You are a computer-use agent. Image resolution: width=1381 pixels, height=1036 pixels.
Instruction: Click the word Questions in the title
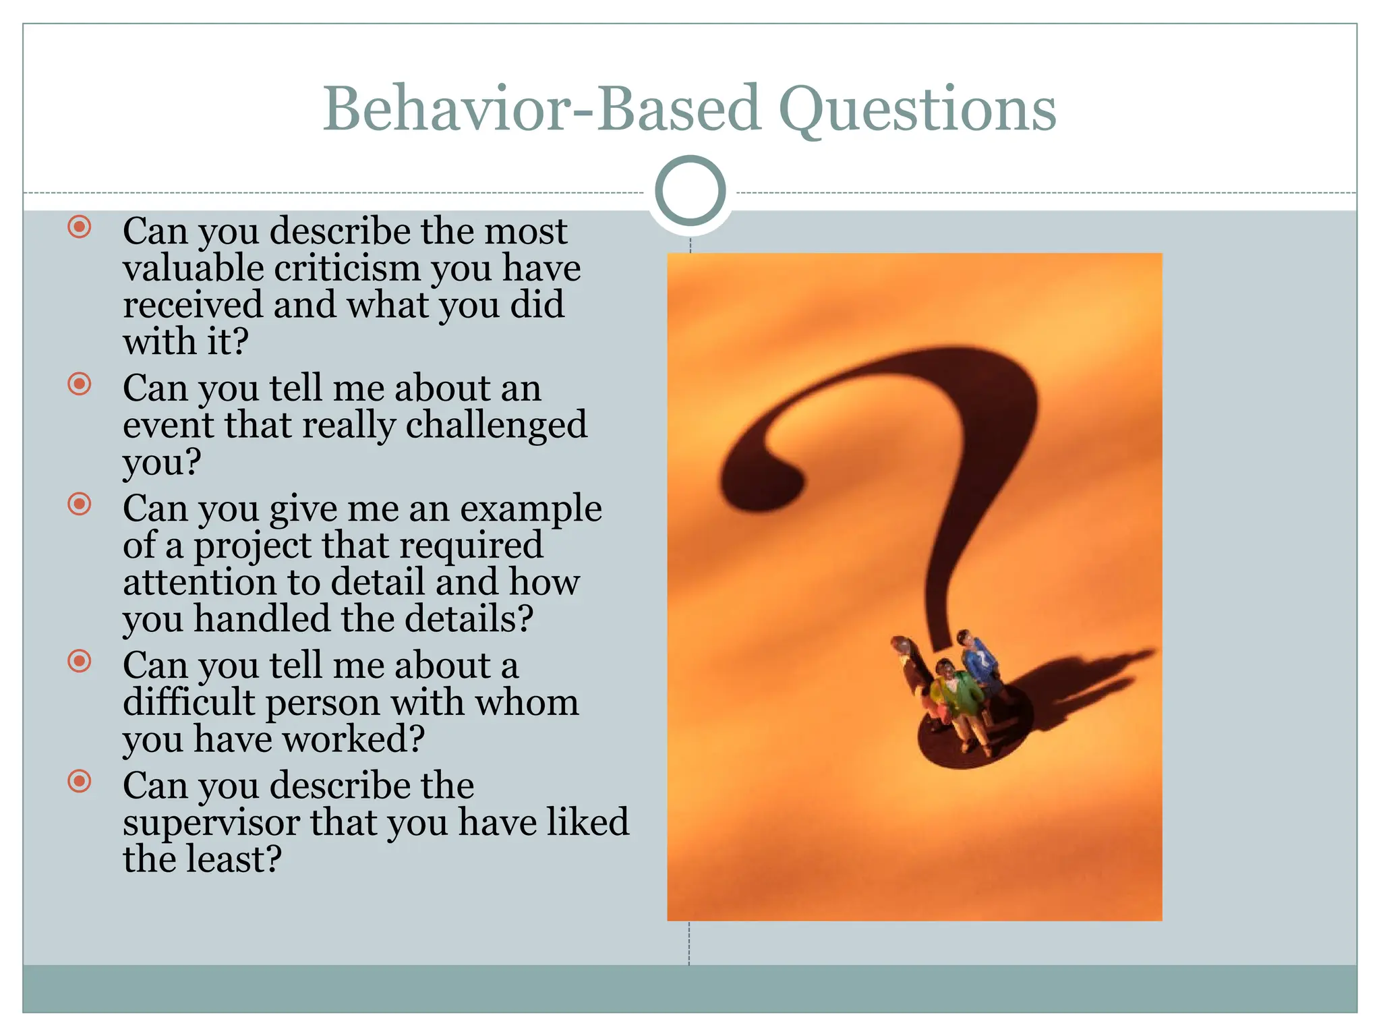917,109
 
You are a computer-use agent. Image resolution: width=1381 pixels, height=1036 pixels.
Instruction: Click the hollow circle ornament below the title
690,191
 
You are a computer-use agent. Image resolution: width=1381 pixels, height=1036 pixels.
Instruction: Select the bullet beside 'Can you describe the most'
80,227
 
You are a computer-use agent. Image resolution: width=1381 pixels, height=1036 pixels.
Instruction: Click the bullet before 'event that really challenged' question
80,384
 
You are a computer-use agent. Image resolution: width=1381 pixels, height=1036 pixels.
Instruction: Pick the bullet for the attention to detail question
80,504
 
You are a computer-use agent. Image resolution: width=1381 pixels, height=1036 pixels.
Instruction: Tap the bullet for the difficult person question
80,661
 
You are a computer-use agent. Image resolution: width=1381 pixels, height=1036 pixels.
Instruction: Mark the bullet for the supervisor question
80,782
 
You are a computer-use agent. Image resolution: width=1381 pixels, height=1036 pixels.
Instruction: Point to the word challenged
496,425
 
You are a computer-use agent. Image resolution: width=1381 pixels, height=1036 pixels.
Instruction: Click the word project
252,546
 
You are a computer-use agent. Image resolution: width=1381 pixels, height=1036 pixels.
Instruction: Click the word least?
233,859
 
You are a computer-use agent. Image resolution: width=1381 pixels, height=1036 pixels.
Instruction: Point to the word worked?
353,739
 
